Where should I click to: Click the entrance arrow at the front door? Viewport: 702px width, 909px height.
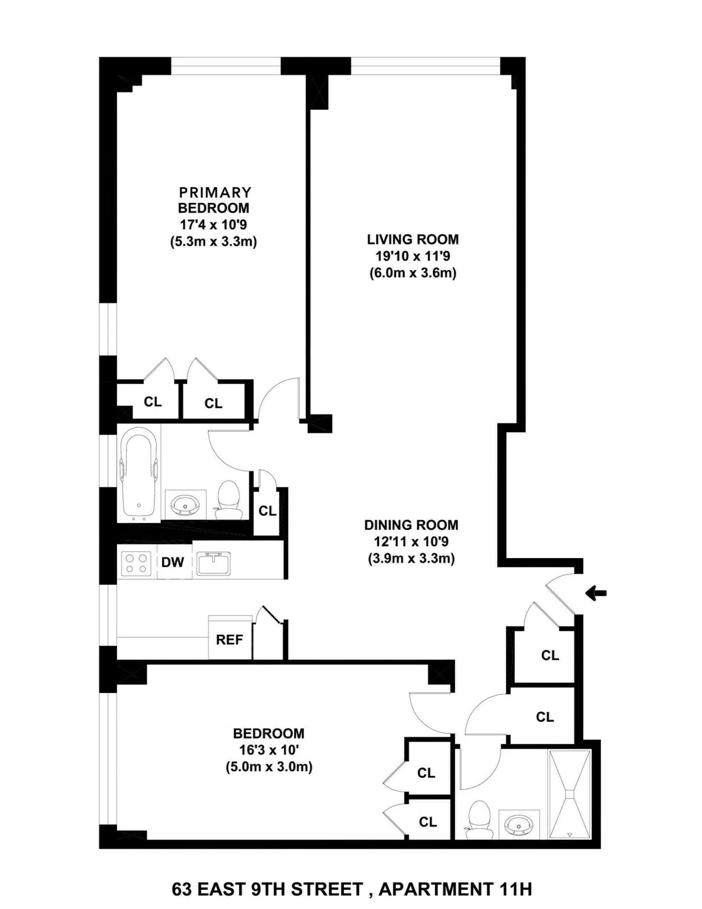coord(596,594)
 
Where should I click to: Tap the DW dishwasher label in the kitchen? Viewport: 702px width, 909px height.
coord(173,563)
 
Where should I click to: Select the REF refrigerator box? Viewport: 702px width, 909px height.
coord(229,639)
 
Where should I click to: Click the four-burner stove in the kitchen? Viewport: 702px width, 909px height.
coord(136,563)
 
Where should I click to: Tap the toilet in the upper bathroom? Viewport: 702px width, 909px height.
coord(228,501)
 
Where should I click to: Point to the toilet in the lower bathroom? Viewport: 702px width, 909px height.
coord(479,820)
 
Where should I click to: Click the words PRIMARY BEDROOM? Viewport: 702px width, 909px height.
coord(214,200)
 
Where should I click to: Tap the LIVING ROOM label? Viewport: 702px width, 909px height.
coord(412,239)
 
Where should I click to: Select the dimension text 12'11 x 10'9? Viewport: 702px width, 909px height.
coord(411,542)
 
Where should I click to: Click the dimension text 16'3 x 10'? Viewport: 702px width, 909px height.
coord(269,750)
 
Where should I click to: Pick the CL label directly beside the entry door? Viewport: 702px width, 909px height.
coord(550,656)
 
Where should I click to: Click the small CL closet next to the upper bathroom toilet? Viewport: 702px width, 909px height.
coord(267,511)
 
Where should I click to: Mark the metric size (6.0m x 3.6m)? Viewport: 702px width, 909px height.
coord(412,273)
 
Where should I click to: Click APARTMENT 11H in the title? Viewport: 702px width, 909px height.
coord(455,890)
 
